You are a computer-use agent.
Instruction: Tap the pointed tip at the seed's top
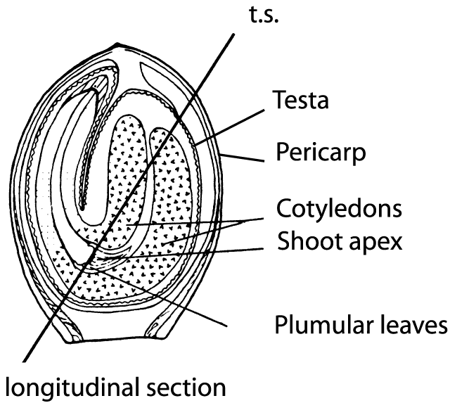[x=121, y=46]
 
